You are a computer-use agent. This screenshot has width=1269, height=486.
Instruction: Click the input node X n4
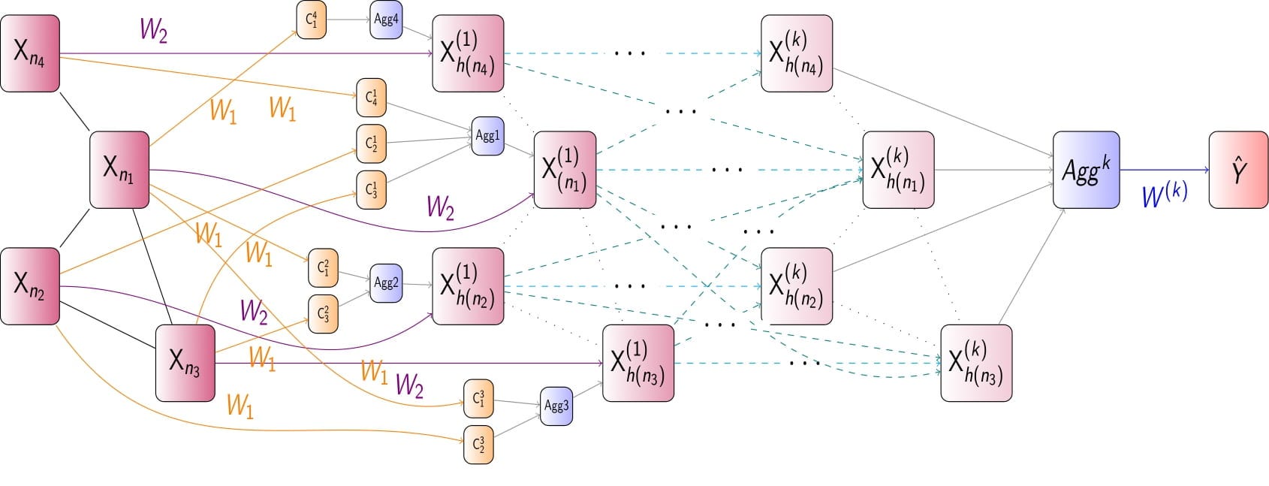pos(30,53)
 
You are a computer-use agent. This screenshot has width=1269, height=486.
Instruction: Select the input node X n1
pos(119,169)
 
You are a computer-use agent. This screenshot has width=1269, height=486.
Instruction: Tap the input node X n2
pos(30,286)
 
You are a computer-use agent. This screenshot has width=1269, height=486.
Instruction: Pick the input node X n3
pos(185,363)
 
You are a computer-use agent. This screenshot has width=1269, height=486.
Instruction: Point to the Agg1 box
pos(487,136)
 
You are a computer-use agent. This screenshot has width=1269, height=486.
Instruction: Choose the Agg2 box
pos(386,283)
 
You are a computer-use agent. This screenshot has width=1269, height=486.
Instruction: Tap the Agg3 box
pos(556,406)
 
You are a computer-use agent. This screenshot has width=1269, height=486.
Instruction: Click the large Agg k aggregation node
pos(1086,170)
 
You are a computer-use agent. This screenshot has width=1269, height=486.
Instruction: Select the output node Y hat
pos(1238,170)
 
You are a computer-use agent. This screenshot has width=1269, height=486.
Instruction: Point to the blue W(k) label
pos(1164,195)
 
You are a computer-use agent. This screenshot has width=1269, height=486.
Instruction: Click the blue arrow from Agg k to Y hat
pos(1164,170)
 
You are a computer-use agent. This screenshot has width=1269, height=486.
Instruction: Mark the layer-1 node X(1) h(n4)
pos(468,53)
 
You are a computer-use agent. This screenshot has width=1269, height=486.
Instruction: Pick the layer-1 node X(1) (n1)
pos(565,169)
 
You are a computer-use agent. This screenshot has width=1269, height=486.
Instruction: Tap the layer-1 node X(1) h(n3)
pos(638,363)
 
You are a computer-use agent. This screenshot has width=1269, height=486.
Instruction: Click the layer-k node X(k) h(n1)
pos(898,170)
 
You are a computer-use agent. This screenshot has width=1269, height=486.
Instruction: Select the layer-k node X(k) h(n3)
pos(976,363)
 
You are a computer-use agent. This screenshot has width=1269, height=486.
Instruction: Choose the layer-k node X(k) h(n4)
pos(797,53)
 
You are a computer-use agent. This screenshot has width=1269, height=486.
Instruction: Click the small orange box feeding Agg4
pos(311,20)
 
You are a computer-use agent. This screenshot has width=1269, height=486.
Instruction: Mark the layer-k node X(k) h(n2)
pos(797,286)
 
